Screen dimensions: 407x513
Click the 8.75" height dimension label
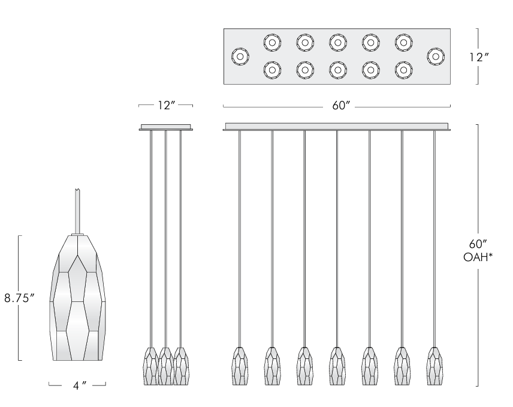point(20,298)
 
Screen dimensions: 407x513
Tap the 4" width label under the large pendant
point(77,385)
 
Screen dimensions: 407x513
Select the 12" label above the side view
point(165,106)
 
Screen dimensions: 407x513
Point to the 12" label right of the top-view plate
point(479,57)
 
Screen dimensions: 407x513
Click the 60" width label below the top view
point(340,106)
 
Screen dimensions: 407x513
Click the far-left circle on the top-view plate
point(240,57)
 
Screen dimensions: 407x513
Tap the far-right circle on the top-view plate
point(435,56)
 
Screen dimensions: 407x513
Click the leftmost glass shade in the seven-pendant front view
point(239,366)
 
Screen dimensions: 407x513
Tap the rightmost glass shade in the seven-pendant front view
point(434,366)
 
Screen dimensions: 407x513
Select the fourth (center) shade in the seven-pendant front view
point(337,366)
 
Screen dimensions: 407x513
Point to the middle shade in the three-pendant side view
point(165,366)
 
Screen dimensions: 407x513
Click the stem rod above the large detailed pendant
point(77,210)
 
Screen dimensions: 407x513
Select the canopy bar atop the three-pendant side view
point(165,127)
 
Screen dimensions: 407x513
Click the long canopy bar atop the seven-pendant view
point(337,127)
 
